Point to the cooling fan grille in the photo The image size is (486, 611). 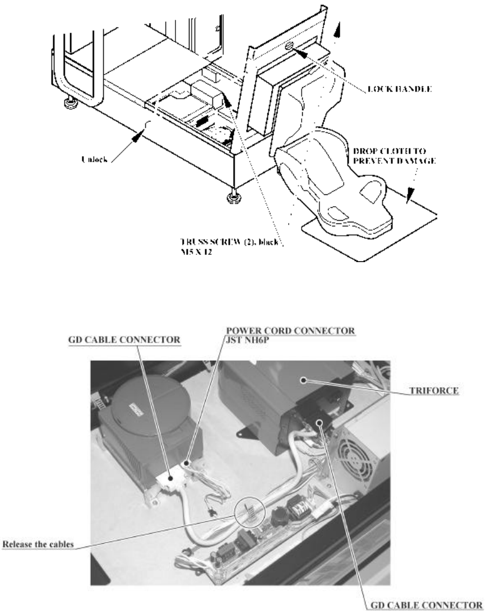pyautogui.click(x=357, y=450)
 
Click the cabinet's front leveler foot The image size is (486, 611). pyautogui.click(x=231, y=197)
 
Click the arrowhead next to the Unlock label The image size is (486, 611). pyautogui.click(x=139, y=134)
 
